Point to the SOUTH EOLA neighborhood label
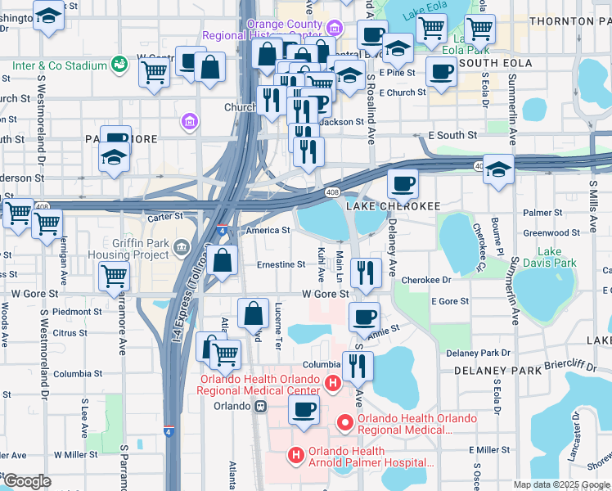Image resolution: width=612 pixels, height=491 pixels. (496, 63)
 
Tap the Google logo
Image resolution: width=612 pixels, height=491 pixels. (26, 481)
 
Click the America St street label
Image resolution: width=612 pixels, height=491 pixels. (268, 231)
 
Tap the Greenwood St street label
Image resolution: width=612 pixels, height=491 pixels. (551, 233)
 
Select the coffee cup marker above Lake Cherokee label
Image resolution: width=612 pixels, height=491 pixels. (402, 185)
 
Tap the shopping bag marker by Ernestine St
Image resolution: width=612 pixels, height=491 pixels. (223, 262)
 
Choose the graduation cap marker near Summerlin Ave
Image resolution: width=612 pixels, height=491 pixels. (498, 169)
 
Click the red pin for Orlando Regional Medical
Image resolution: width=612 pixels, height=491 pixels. (345, 423)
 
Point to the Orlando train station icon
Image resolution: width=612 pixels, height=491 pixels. (260, 406)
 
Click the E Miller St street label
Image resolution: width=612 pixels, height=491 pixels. (489, 450)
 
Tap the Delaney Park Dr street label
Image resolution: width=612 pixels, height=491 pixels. (479, 353)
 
